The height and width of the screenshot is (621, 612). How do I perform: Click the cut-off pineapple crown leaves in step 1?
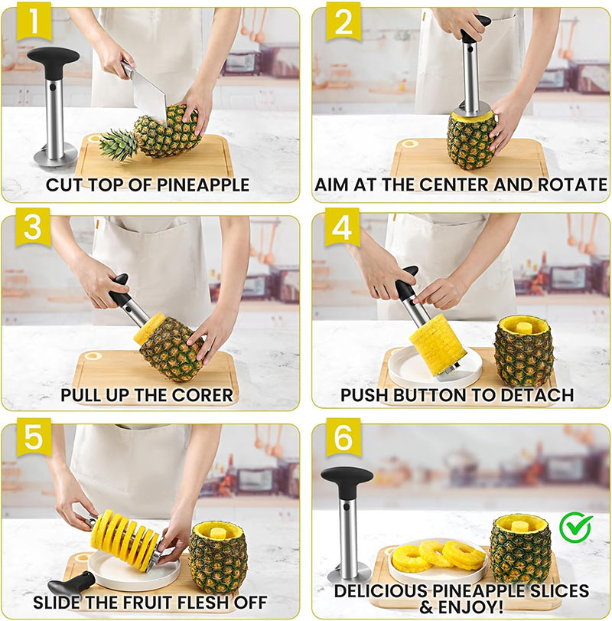pos(119,143)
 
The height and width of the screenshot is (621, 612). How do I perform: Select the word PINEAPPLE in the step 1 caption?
pos(209,185)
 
